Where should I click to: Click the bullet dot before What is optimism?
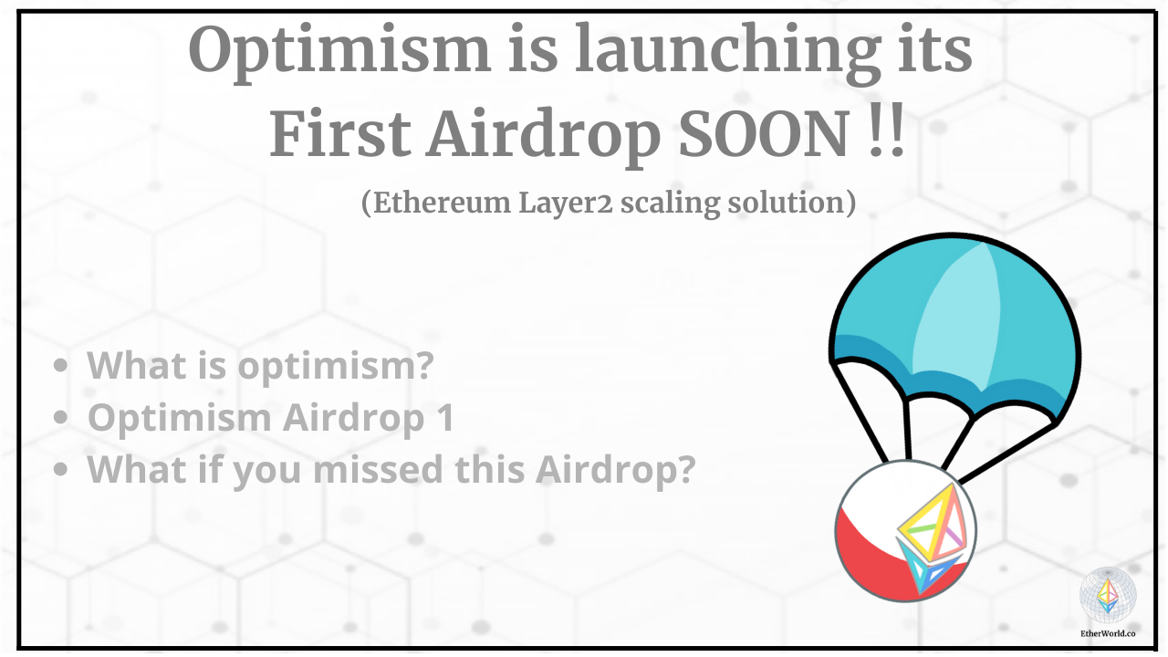coord(61,366)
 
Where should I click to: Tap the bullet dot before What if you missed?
coord(61,470)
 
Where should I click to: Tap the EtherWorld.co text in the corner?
coord(1108,631)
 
